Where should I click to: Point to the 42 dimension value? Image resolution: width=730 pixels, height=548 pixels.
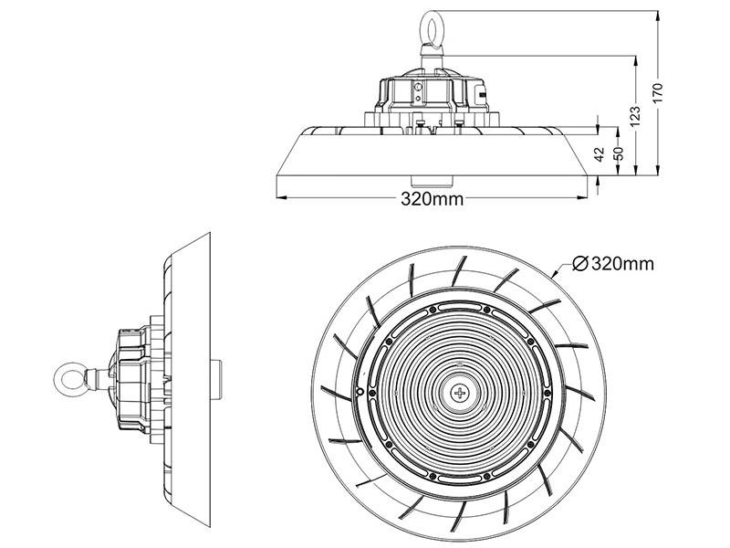(600, 155)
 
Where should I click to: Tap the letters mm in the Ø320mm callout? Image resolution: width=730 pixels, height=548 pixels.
(638, 264)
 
